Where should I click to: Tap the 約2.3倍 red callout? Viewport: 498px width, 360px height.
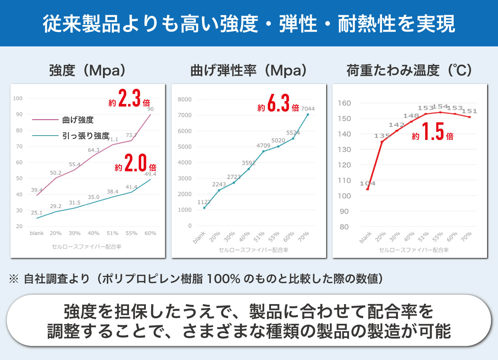point(130,99)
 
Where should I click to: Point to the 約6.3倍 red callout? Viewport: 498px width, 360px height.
point(279,104)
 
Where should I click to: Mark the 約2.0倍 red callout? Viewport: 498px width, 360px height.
point(136,163)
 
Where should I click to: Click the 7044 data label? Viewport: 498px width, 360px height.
point(308,109)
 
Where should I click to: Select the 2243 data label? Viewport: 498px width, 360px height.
point(219,184)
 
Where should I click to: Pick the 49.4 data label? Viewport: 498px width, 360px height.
point(150,174)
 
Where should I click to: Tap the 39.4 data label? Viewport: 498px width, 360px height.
point(37,190)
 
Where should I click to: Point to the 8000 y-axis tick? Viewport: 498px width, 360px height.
point(185,99)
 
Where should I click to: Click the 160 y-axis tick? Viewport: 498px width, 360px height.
point(344,103)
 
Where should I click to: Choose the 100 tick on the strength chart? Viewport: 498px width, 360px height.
point(18,98)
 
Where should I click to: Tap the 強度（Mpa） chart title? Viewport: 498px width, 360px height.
point(88,70)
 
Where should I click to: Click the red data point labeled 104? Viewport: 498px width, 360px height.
point(368,189)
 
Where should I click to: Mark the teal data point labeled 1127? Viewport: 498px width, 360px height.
point(204,208)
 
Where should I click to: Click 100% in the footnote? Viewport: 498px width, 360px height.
point(224,279)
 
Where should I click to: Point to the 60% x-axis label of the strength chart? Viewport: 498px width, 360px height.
point(150,233)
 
